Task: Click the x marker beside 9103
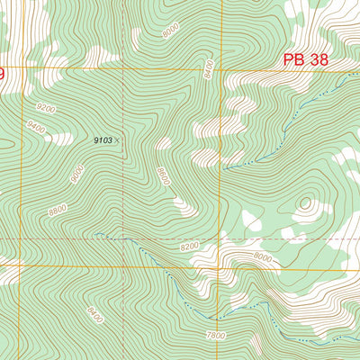(118, 140)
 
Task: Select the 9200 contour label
(46, 108)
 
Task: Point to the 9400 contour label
(37, 129)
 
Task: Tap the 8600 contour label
(163, 176)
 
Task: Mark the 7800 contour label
(216, 335)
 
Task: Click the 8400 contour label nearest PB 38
(209, 69)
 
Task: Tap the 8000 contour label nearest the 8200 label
(262, 256)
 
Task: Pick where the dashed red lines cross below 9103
(123, 238)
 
